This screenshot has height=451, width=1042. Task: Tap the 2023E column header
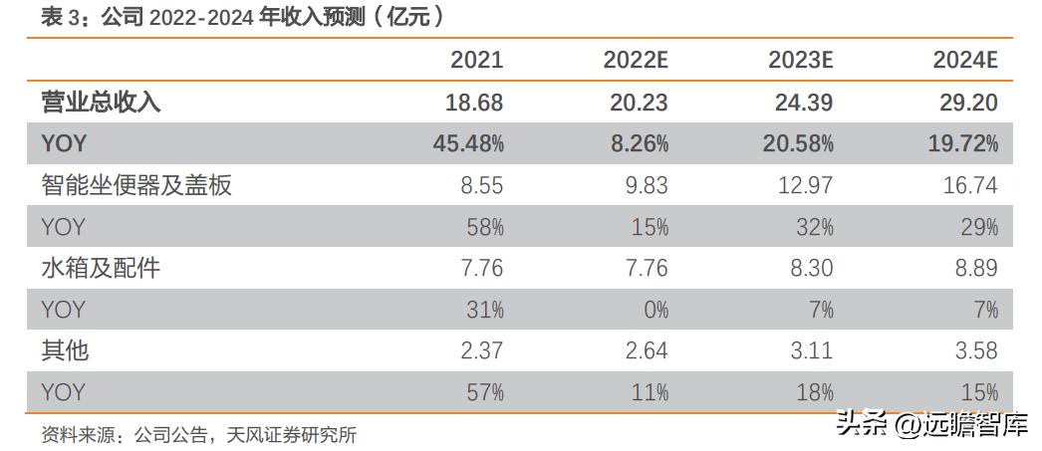tap(800, 60)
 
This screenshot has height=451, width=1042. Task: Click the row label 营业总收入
tap(101, 102)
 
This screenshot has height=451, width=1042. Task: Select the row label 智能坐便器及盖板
tap(136, 184)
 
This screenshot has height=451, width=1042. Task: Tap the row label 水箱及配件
tap(101, 268)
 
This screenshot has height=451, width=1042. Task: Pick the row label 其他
tap(66, 350)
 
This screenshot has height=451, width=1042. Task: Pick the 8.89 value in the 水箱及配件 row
tap(971, 268)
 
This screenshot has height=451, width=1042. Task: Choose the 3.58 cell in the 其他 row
tap(971, 350)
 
